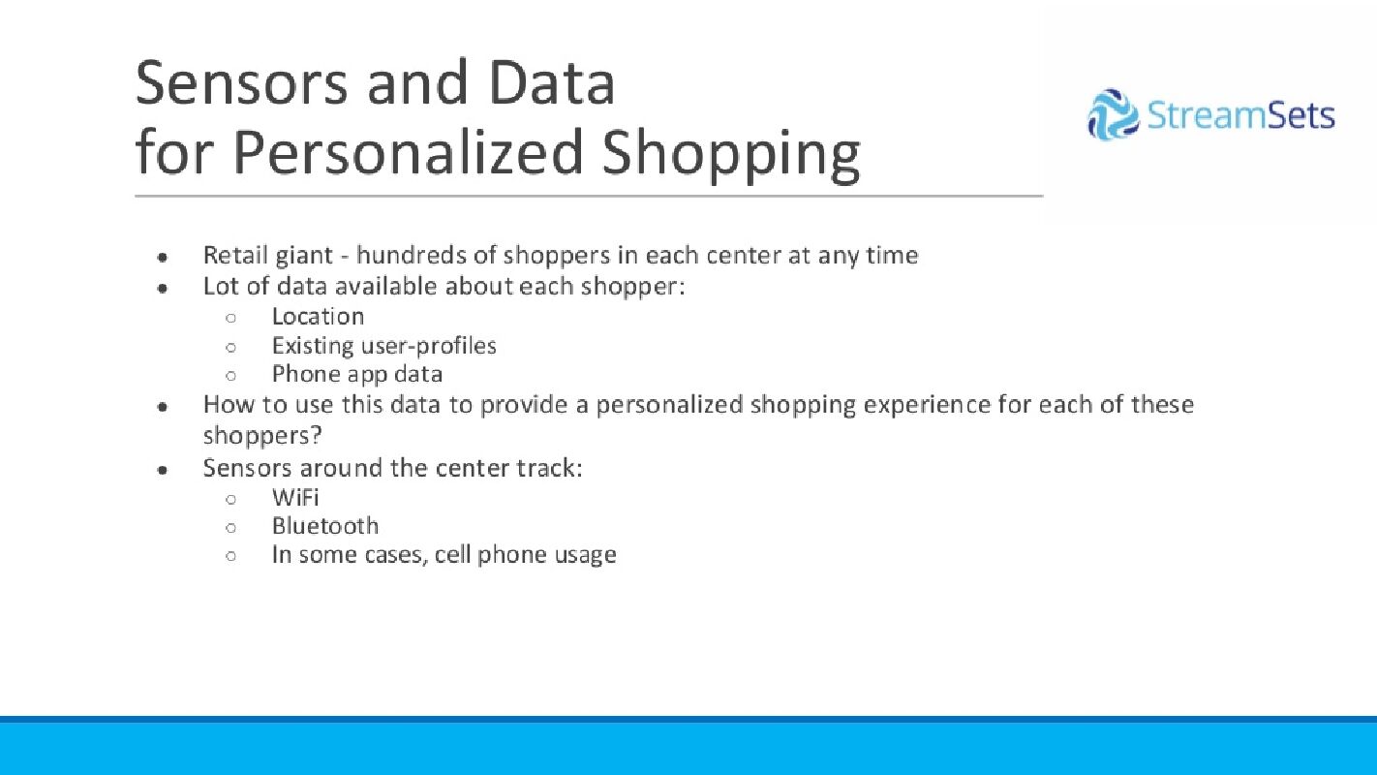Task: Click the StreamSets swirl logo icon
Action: pos(1113,114)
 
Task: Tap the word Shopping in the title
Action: pos(731,154)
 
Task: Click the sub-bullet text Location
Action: pos(318,316)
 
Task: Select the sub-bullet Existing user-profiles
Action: pos(383,346)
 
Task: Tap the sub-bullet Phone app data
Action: pos(356,375)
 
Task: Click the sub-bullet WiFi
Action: pos(295,497)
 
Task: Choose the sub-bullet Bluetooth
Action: pos(325,526)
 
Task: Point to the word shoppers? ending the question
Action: pos(262,436)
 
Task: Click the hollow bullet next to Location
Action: pos(231,318)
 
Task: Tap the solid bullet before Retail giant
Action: pos(163,257)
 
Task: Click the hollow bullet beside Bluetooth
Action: pos(231,528)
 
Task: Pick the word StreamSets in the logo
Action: pos(1240,115)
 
